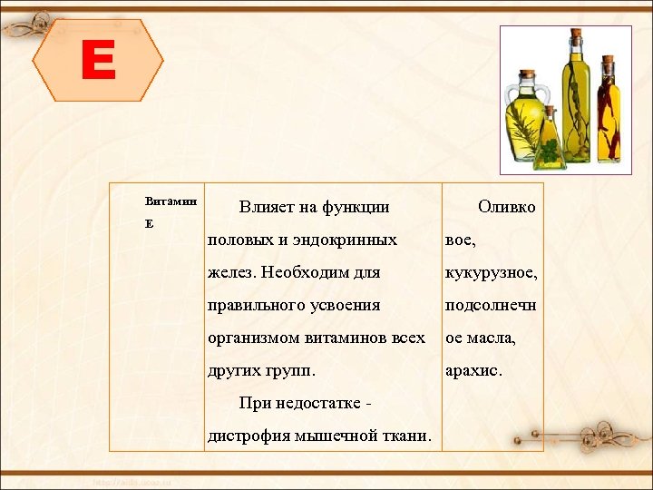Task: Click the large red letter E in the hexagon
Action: (98, 62)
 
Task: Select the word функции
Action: (356, 207)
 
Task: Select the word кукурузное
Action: (490, 272)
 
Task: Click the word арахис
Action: (473, 370)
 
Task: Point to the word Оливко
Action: (506, 207)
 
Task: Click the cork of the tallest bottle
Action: (575, 34)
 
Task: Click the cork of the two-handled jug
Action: (527, 75)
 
